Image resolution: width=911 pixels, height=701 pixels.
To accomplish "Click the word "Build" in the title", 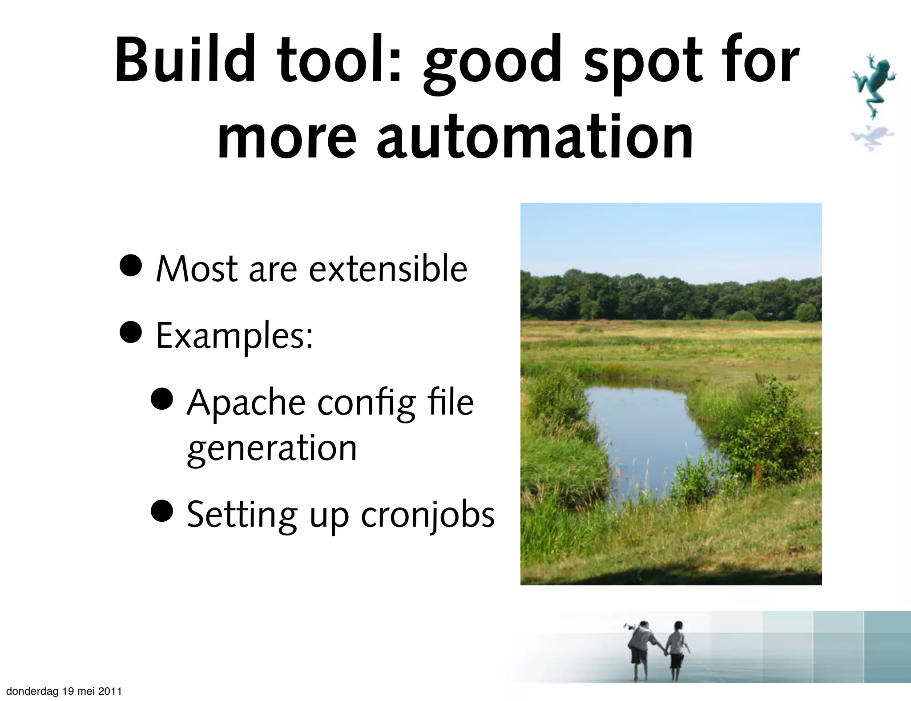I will click(x=185, y=60).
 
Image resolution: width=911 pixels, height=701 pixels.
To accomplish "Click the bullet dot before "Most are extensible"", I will click(x=131, y=266).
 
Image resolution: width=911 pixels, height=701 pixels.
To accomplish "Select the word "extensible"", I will click(x=388, y=269).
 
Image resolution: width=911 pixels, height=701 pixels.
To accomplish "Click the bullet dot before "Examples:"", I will click(x=131, y=332).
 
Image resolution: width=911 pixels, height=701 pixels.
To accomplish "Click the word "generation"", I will click(x=272, y=448).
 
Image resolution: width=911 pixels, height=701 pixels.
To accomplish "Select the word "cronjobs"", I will click(x=427, y=516).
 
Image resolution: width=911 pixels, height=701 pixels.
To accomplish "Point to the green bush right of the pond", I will click(x=770, y=436).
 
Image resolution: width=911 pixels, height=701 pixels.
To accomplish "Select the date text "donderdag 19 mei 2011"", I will click(x=64, y=691).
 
